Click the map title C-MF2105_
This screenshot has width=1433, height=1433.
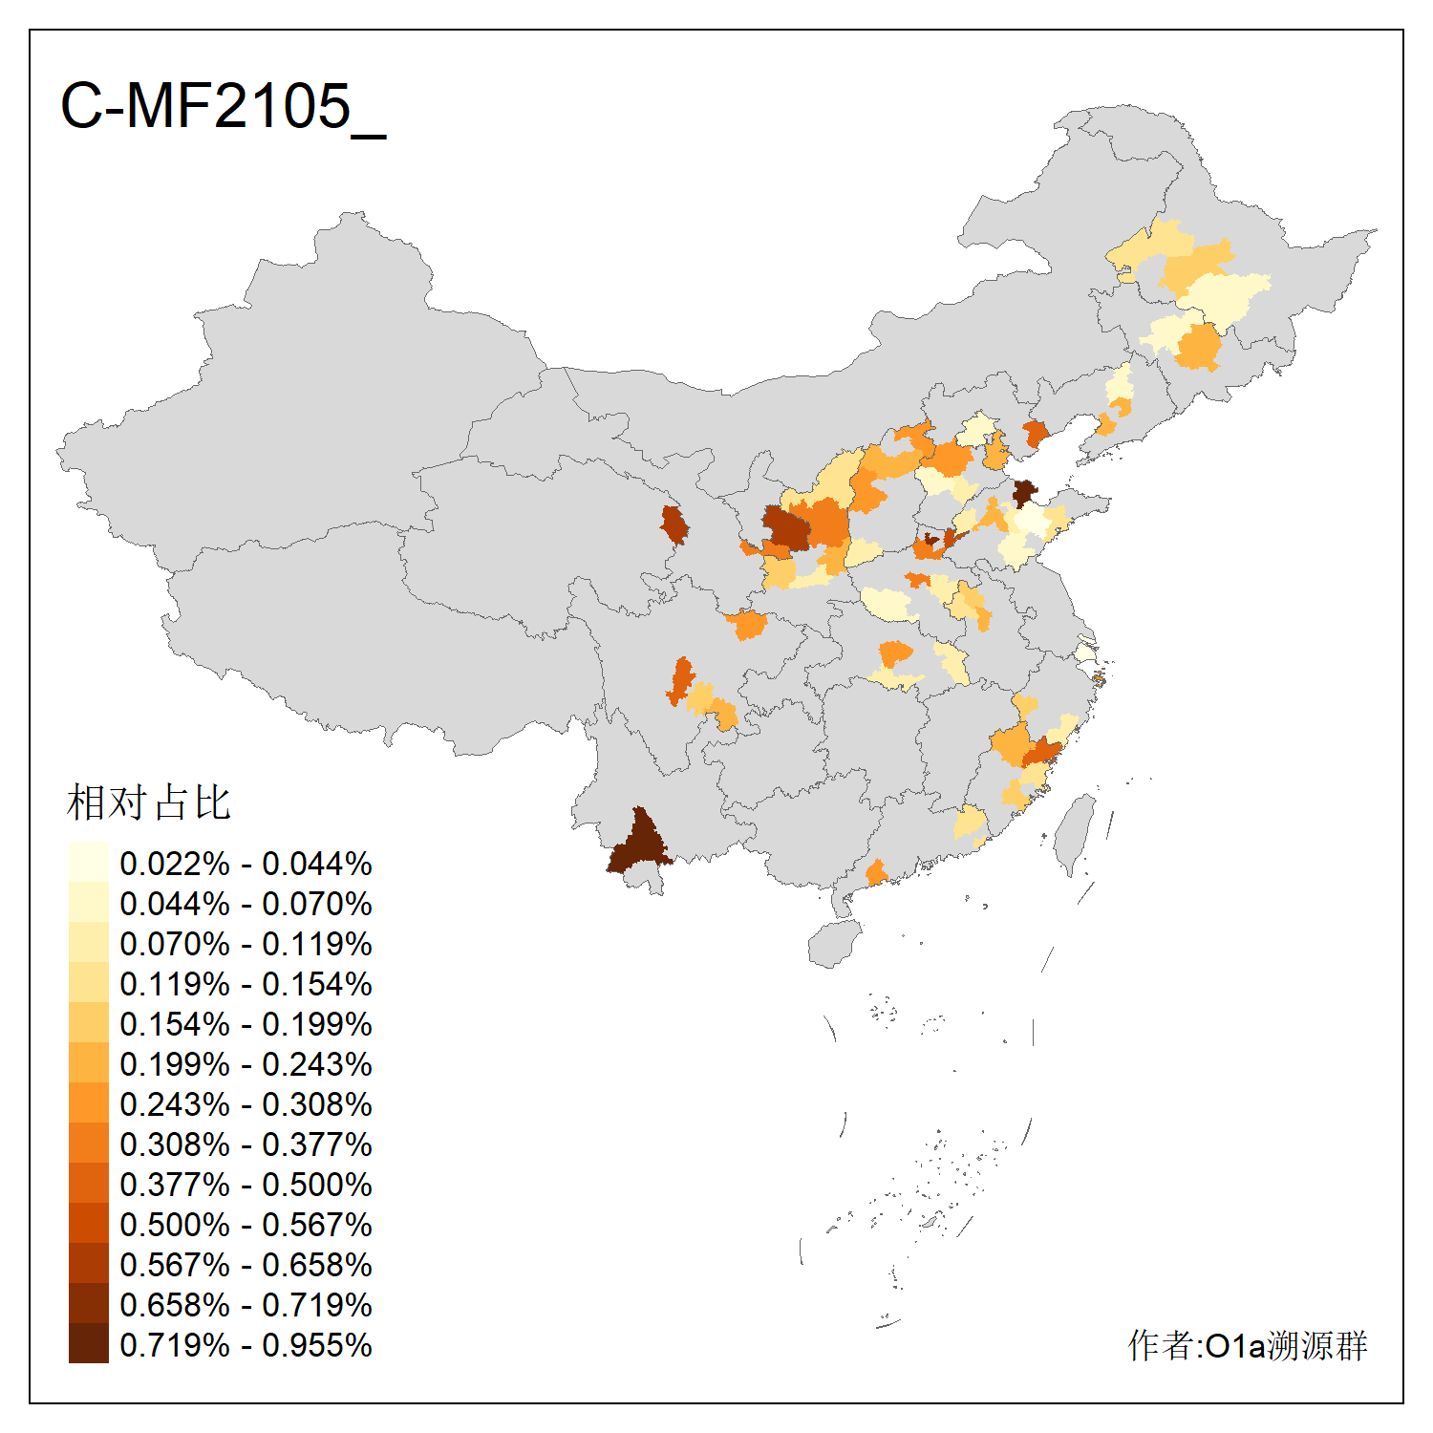[223, 106]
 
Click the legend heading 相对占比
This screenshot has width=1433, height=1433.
[149, 802]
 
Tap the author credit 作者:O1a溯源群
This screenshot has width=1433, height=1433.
[1247, 1345]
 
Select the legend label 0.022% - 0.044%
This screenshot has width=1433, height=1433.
[246, 864]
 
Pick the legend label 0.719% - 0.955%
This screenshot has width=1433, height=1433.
[246, 1345]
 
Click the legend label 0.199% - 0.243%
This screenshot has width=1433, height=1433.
[246, 1064]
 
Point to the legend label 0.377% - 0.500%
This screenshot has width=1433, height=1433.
[246, 1185]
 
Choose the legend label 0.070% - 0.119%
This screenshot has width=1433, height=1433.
[246, 944]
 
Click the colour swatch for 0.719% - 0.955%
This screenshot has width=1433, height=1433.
[88, 1343]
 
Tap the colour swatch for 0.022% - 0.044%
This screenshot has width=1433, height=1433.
[88, 862]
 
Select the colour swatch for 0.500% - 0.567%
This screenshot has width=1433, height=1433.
[88, 1223]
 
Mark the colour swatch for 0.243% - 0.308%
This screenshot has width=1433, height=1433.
[88, 1102]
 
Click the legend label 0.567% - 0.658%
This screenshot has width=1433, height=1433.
[246, 1265]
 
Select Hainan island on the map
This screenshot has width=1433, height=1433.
[833, 944]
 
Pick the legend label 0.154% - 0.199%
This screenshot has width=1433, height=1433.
[246, 1024]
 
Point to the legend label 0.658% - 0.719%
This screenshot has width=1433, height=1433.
[246, 1305]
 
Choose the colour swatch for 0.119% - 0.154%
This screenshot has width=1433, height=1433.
[88, 982]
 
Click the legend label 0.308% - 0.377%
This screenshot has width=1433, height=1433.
[246, 1144]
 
